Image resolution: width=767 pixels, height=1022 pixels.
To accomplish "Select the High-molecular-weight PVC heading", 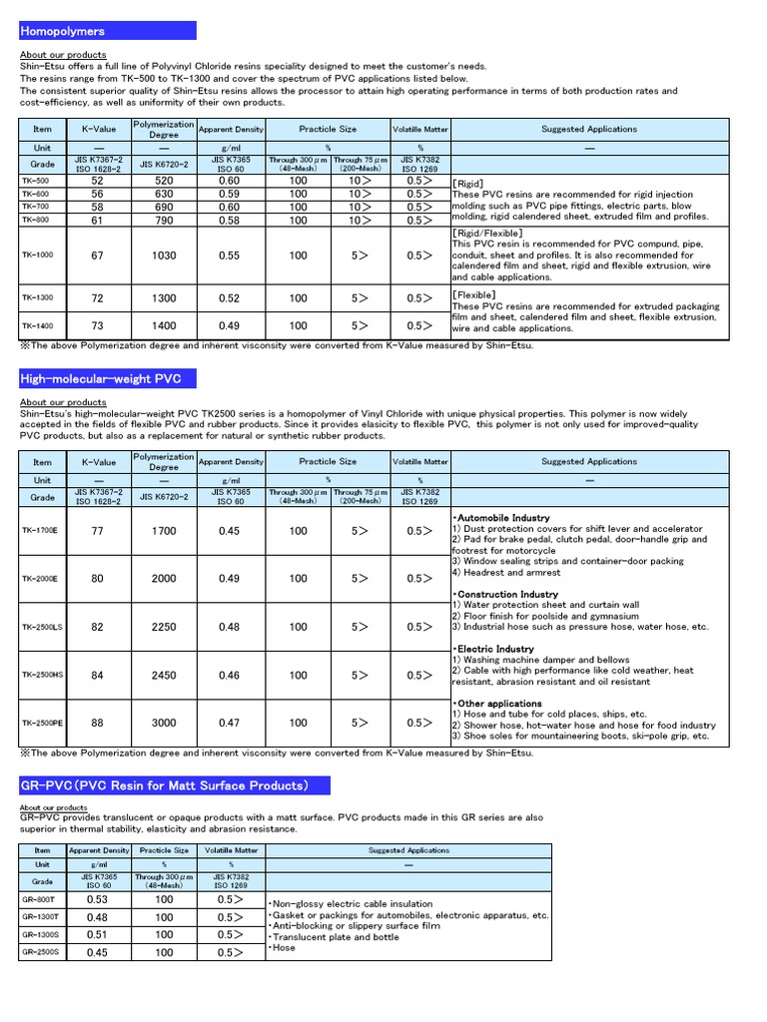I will pos(93,378).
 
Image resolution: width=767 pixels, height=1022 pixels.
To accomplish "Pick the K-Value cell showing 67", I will pos(97,255).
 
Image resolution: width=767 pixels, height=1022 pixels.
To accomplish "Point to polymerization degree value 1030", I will pos(164,255).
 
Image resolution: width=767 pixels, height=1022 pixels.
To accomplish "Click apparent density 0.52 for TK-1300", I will pos(230,298).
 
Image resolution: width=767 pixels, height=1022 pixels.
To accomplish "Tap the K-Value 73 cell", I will pos(97,325).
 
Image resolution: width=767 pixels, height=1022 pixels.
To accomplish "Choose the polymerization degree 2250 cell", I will pos(164,628).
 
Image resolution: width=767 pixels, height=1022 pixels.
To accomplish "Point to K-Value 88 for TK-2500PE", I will pos(97,723).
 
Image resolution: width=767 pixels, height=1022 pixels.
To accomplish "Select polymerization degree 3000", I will pos(164,723).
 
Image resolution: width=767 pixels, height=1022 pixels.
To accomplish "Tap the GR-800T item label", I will pos(41,898).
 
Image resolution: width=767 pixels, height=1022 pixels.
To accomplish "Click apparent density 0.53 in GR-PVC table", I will pos(97,898).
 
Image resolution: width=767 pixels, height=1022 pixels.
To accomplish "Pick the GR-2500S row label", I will pos(41,952).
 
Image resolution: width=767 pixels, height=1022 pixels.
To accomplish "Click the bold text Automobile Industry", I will pos(502,518).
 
